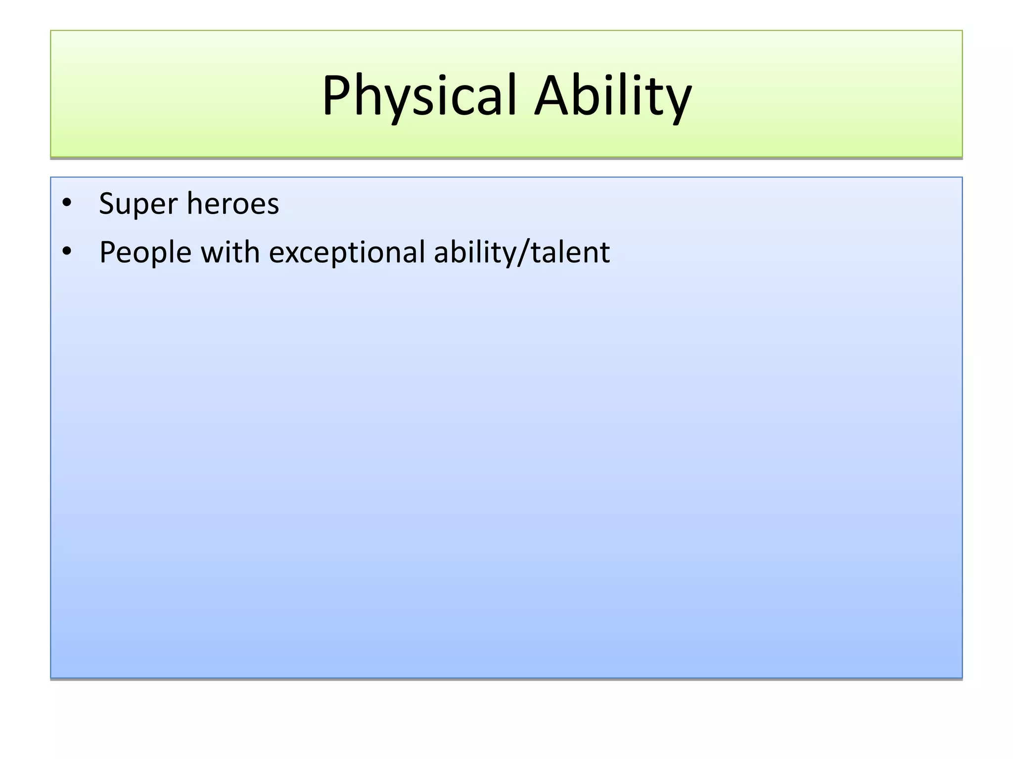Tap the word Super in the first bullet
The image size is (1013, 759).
[138, 204]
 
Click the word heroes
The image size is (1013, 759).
[233, 204]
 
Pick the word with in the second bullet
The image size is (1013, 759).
[230, 253]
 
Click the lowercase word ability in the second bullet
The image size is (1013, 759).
[474, 253]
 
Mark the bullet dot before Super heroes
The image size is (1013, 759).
[67, 203]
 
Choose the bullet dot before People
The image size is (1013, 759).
[67, 252]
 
